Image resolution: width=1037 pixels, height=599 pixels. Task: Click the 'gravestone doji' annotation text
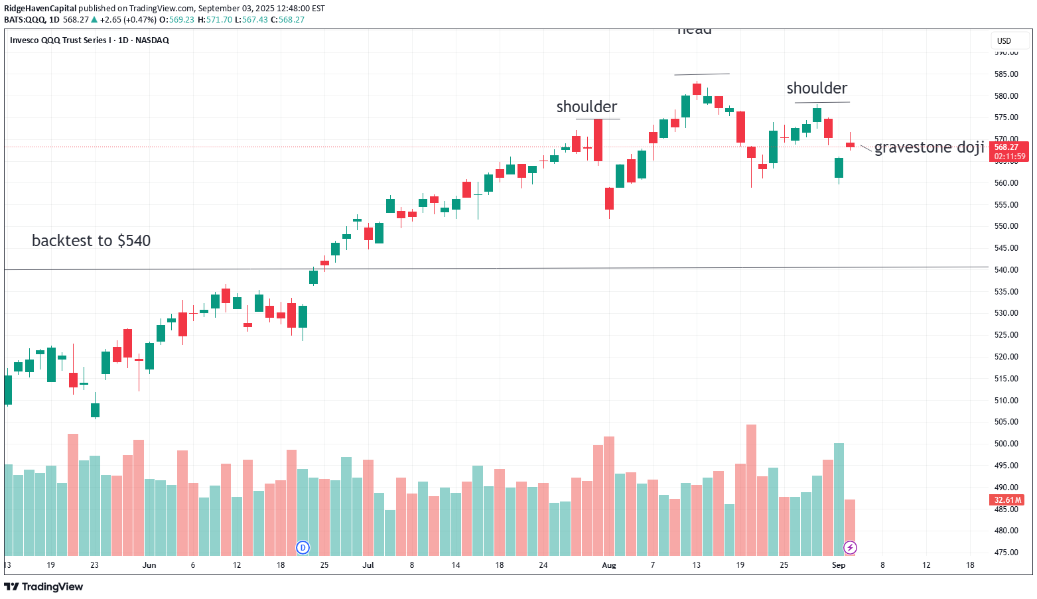[x=929, y=147]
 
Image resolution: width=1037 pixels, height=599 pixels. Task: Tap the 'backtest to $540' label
[x=91, y=241]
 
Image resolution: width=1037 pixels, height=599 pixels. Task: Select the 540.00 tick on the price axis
[x=1006, y=270]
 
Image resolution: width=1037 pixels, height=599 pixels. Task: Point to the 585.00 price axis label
[x=1006, y=74]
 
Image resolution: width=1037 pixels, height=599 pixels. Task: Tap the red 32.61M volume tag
[x=1008, y=500]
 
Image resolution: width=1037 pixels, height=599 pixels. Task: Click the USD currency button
[x=1004, y=41]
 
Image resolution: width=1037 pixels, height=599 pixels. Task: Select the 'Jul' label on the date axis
[x=368, y=565]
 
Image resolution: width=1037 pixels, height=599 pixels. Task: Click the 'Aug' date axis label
[x=608, y=565]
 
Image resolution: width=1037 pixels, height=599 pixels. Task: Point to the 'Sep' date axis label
[x=839, y=565]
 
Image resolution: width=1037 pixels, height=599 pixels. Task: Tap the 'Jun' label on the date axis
[x=149, y=565]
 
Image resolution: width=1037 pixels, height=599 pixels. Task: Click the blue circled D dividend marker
[x=303, y=547]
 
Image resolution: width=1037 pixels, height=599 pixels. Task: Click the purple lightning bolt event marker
[x=850, y=547]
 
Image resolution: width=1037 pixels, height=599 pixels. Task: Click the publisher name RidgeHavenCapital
[x=40, y=9]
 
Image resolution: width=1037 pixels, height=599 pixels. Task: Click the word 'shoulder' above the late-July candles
[x=587, y=107]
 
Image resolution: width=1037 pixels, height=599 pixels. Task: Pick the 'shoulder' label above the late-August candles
[x=817, y=88]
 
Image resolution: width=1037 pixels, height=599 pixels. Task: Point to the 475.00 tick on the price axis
[x=1006, y=553]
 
